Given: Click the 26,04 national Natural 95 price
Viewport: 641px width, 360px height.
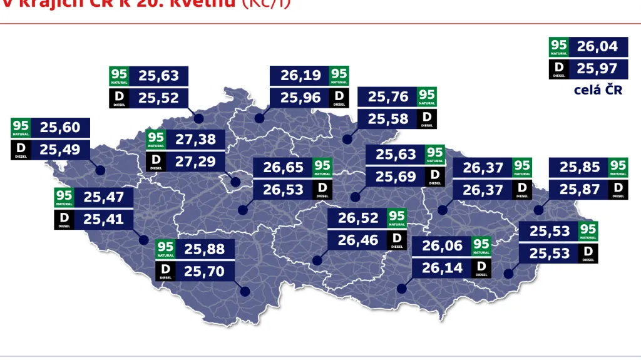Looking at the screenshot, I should click(x=597, y=46).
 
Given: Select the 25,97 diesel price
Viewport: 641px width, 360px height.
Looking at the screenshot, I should click(x=597, y=68).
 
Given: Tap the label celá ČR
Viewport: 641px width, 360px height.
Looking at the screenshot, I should click(x=598, y=90).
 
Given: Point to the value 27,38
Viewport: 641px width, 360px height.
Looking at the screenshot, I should click(x=195, y=139).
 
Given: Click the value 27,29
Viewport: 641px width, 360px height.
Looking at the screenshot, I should click(x=195, y=161).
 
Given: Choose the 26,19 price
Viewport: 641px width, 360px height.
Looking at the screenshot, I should click(x=300, y=76).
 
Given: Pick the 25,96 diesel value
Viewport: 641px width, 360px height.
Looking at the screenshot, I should click(x=300, y=97).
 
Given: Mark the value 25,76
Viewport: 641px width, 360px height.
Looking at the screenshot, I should click(x=387, y=97).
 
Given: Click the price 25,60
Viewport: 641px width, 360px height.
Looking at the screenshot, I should click(x=60, y=128).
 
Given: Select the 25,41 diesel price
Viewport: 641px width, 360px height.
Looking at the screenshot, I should click(x=104, y=219).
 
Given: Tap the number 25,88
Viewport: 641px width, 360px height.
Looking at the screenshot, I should click(x=204, y=249).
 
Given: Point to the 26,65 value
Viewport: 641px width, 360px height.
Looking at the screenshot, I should click(x=283, y=167).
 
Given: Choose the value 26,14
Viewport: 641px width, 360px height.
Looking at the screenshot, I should click(x=442, y=267).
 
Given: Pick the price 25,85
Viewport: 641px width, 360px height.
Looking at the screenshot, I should click(x=579, y=167).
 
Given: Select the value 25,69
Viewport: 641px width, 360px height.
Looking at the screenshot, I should click(x=396, y=177).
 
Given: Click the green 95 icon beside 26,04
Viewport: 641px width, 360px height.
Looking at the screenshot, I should click(x=559, y=46).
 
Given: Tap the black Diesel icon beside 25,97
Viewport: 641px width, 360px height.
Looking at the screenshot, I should click(x=559, y=68).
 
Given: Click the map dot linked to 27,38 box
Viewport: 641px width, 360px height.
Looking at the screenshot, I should click(x=235, y=182).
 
